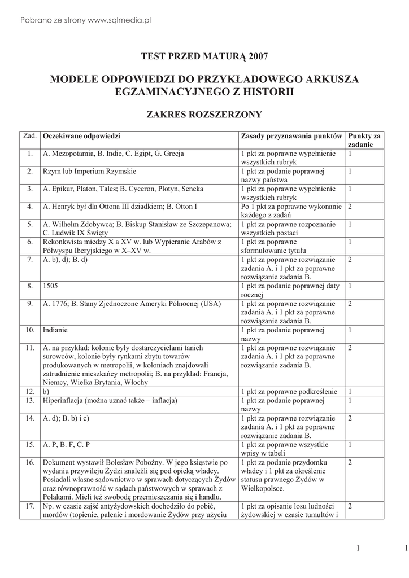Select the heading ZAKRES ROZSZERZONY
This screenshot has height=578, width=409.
pyautogui.click(x=204, y=115)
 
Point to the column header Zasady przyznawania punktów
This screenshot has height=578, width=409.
pyautogui.click(x=291, y=137)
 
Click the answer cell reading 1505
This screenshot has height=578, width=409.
pyautogui.click(x=50, y=287)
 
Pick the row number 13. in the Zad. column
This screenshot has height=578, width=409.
pyautogui.click(x=30, y=401)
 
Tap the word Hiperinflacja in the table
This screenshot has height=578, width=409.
pyautogui.click(x=65, y=401)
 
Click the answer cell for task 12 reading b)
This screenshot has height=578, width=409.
pyautogui.click(x=46, y=391)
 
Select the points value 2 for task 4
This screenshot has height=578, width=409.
pyautogui.click(x=350, y=207)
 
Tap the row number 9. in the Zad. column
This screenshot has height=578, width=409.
pyautogui.click(x=30, y=304)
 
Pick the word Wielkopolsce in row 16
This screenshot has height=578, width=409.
pyautogui.click(x=263, y=488)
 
